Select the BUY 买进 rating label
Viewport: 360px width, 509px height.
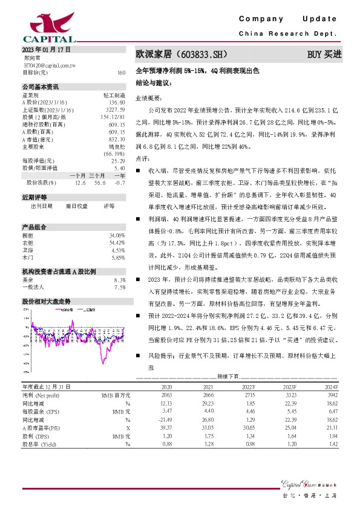pos(325,54)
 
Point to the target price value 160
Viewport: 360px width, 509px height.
pos(121,73)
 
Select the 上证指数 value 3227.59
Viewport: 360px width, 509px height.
pos(114,110)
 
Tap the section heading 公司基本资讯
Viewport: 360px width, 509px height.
pos(41,87)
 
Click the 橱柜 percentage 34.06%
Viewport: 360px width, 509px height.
pos(117,235)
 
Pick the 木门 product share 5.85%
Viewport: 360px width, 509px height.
pos(118,257)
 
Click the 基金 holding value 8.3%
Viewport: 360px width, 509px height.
pos(120,280)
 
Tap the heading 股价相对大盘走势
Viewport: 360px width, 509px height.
pos(46,300)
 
